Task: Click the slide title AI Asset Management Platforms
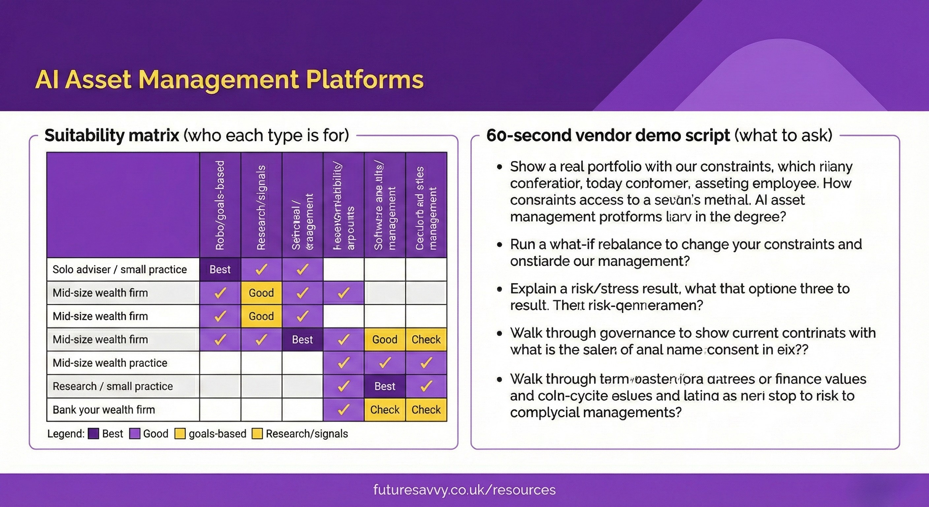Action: click(x=229, y=80)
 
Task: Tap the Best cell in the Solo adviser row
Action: click(x=220, y=270)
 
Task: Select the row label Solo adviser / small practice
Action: click(x=119, y=270)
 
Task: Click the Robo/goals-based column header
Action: click(x=220, y=205)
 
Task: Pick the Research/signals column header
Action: click(x=261, y=208)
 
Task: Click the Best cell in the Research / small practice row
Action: click(x=385, y=387)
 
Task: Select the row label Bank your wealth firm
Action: click(x=104, y=410)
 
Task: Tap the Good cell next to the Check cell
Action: click(x=385, y=340)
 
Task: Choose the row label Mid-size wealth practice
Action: click(x=110, y=363)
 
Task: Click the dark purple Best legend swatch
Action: click(x=94, y=434)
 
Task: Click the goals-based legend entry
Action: click(x=217, y=434)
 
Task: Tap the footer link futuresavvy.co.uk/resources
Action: click(x=464, y=490)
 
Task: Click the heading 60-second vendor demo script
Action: click(x=608, y=136)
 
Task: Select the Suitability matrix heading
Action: click(x=112, y=136)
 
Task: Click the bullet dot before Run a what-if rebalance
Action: click(x=499, y=245)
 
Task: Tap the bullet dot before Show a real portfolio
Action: click(x=499, y=167)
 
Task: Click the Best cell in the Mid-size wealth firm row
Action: click(x=302, y=340)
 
